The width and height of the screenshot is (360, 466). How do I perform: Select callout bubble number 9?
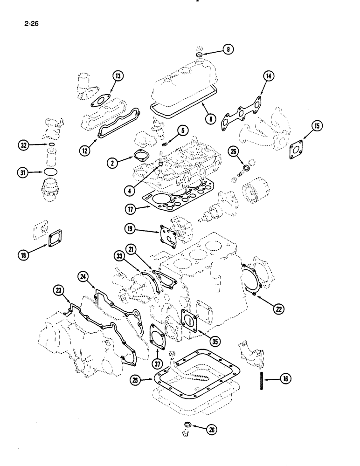228,49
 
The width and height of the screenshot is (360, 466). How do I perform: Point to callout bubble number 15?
317,125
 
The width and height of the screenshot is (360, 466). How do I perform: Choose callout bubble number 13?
118,76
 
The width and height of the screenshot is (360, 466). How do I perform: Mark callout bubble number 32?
21,145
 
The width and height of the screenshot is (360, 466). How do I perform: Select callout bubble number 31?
21,171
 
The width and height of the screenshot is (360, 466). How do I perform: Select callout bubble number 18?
23,254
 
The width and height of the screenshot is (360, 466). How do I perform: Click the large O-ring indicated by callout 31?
50,171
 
